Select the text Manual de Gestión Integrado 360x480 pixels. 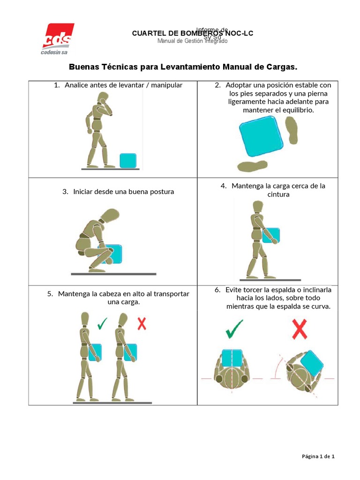click(193, 41)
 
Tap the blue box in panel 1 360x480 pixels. click(128, 160)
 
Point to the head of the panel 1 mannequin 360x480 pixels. click(103, 99)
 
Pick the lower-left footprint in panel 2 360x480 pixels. click(252, 165)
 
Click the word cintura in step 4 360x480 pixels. click(278, 195)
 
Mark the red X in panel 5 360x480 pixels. click(141, 323)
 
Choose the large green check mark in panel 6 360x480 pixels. click(234, 329)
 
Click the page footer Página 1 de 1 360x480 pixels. click(317, 457)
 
